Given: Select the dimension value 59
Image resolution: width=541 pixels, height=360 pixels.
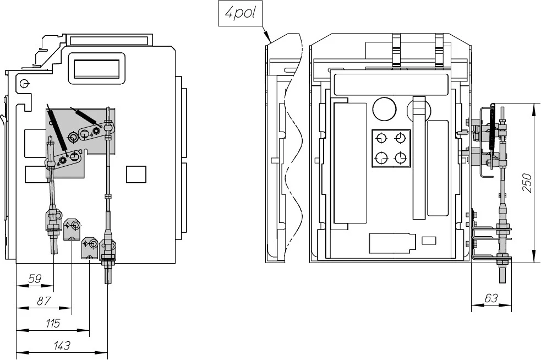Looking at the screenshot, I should pyautogui.click(x=35, y=280).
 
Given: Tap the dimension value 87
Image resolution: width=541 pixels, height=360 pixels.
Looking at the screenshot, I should pyautogui.click(x=43, y=302).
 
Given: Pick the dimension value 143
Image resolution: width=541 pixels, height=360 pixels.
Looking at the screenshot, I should pyautogui.click(x=62, y=346).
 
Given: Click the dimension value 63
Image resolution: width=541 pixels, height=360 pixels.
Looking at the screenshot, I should pyautogui.click(x=491, y=298).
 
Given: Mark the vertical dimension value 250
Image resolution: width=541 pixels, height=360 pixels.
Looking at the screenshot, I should pyautogui.click(x=527, y=183).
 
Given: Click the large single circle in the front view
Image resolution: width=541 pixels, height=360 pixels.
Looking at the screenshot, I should pyautogui.click(x=385, y=110).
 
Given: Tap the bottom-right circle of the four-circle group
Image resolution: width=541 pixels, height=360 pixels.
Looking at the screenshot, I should pyautogui.click(x=401, y=158).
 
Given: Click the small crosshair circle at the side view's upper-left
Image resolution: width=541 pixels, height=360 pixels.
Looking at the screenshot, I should pyautogui.click(x=24, y=84).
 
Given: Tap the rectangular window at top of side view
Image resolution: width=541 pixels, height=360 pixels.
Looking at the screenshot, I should pyautogui.click(x=96, y=68).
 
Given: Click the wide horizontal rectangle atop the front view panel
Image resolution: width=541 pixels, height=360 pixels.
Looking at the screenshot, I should pyautogui.click(x=391, y=85).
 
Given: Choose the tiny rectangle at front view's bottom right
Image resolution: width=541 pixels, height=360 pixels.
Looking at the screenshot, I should pyautogui.click(x=428, y=240).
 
